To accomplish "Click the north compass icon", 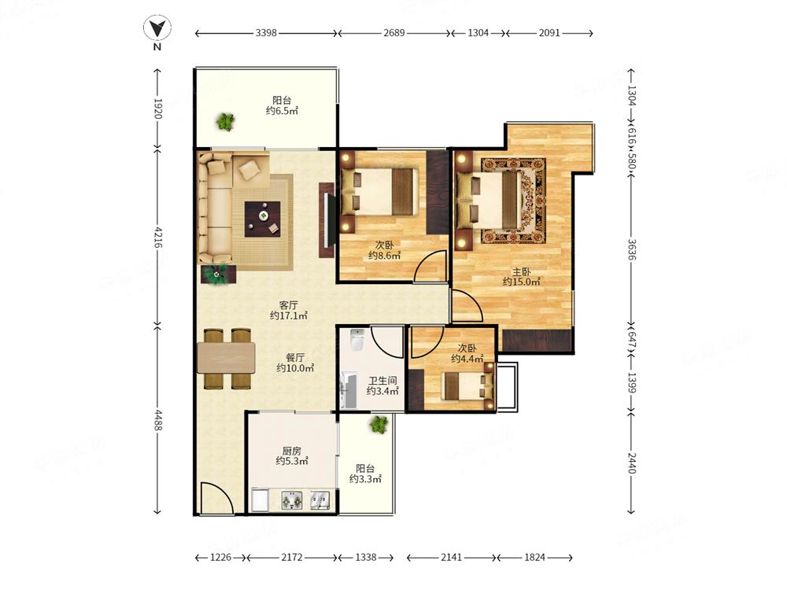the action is coord(157,28).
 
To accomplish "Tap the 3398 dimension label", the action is coord(266,33).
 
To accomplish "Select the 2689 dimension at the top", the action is coord(394,33).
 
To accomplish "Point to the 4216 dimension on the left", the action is coord(157,238).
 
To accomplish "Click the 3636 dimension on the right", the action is coord(631,249).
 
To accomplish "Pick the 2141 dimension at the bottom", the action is coord(451,557).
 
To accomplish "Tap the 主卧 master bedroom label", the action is coord(522,272).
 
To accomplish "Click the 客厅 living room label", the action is coord(289,305).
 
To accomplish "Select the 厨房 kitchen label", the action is coord(292,451).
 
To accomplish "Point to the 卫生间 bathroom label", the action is coord(382,381).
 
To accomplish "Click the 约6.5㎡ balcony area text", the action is coord(282,111).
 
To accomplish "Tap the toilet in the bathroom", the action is coord(357,341).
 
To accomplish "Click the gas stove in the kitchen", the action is coord(292,500).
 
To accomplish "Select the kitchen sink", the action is coord(320,500).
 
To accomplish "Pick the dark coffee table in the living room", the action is coord(263,219).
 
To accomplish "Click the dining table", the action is coord(227,358).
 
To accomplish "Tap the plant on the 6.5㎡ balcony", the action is coord(225,122).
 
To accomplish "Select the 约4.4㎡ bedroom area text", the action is coord(467,359).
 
